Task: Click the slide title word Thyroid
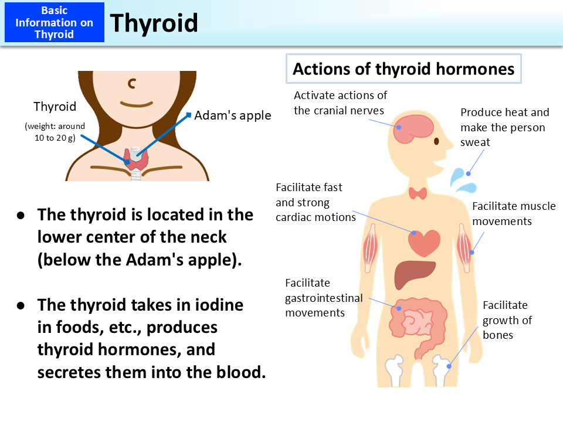154,23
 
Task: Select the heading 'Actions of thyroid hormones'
403,69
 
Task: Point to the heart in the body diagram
424,241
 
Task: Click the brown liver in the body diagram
414,273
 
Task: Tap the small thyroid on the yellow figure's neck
418,193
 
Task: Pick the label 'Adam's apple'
233,115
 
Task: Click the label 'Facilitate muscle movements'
514,214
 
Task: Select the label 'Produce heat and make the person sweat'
504,127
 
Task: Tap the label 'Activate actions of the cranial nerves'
340,103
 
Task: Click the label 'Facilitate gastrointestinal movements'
324,298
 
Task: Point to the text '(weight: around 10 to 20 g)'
55,131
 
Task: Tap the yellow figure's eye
437,141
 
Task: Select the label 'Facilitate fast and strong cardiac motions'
316,202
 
